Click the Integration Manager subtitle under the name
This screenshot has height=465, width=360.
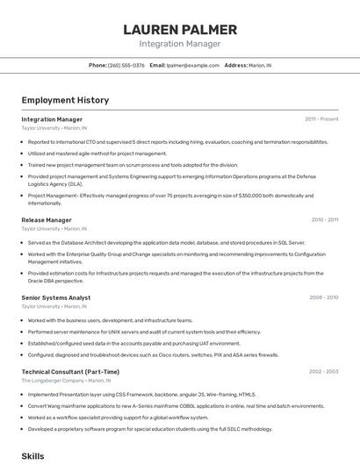pyautogui.click(x=180, y=43)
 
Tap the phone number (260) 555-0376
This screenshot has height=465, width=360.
pyautogui.click(x=126, y=65)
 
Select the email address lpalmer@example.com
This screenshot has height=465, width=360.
pyautogui.click(x=193, y=65)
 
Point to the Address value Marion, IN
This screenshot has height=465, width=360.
pyautogui.click(x=260, y=65)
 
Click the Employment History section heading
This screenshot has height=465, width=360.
pyautogui.click(x=65, y=100)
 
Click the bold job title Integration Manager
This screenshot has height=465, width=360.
pyautogui.click(x=52, y=119)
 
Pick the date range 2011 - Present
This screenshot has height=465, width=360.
pyautogui.click(x=321, y=119)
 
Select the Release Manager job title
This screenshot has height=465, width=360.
pyautogui.click(x=47, y=220)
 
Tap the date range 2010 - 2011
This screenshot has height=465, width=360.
pyautogui.click(x=324, y=220)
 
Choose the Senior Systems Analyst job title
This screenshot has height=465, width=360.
pyautogui.click(x=56, y=297)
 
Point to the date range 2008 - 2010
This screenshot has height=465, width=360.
pyautogui.click(x=323, y=297)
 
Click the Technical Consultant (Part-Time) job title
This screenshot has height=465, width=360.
pyautogui.click(x=70, y=372)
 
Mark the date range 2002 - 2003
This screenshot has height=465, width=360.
pyautogui.click(x=323, y=372)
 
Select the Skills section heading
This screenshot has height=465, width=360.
pyautogui.click(x=32, y=456)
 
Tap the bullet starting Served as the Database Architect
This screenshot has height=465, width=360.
pyautogui.click(x=166, y=242)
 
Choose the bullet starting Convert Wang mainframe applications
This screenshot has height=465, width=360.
pyautogui.click(x=176, y=406)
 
